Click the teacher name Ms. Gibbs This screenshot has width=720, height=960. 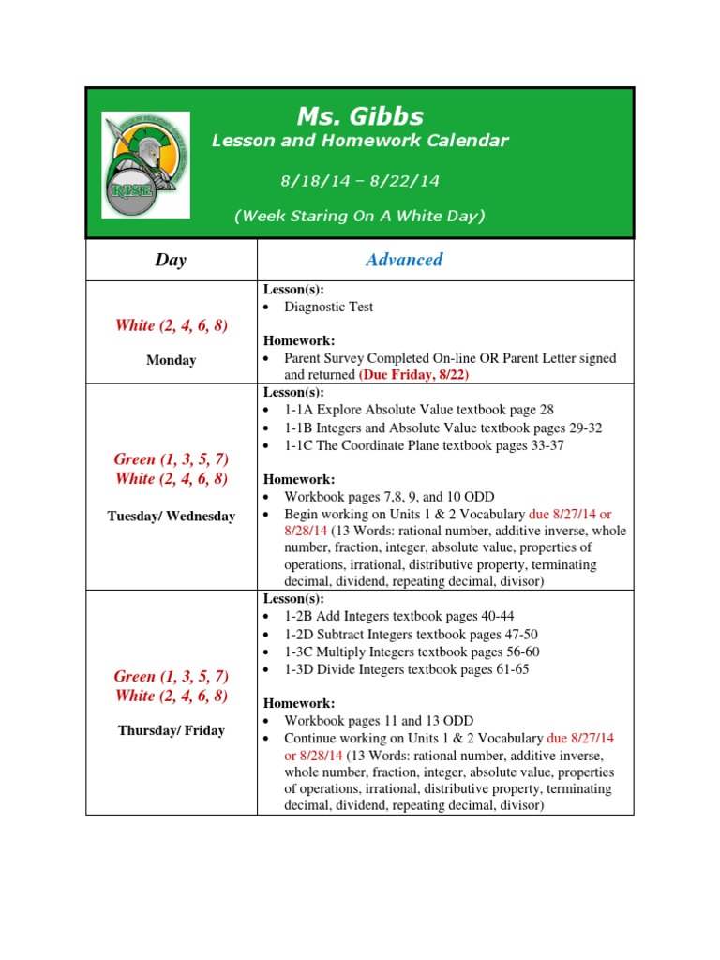360,116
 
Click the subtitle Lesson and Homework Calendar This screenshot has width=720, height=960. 360,142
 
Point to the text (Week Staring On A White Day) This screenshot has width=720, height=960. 359,216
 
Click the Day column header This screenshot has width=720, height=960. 171,261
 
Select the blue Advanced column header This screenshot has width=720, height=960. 404,260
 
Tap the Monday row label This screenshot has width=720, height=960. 171,360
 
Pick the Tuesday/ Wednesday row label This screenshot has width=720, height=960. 171,517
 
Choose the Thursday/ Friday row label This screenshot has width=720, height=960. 171,730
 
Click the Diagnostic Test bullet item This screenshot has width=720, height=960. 328,307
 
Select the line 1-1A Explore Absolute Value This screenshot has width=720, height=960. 419,410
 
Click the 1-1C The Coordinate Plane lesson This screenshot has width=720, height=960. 424,445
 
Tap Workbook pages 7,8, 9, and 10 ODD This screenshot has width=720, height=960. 389,496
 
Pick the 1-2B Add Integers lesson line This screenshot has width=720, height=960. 398,616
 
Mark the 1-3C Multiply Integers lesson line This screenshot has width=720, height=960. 412,652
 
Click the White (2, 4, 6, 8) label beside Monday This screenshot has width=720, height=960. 171,325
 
